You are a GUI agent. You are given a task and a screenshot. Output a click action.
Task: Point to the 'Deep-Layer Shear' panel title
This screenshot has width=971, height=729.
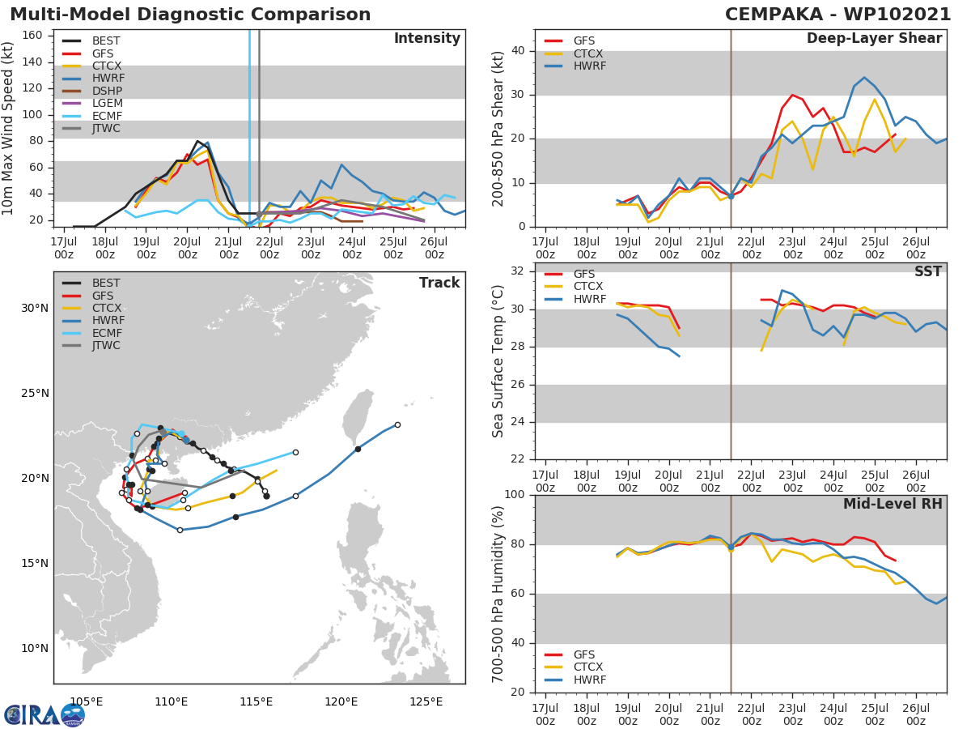[874, 39]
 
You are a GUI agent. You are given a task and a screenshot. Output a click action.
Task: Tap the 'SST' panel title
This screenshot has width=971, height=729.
[928, 271]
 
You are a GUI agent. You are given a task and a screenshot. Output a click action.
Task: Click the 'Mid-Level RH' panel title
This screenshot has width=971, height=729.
[893, 504]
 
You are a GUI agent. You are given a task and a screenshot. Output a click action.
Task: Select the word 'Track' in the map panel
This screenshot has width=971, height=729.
[439, 283]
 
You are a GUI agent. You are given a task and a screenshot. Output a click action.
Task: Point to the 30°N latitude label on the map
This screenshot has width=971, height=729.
[34, 308]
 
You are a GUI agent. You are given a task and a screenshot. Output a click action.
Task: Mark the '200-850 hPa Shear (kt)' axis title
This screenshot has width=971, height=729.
[498, 128]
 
